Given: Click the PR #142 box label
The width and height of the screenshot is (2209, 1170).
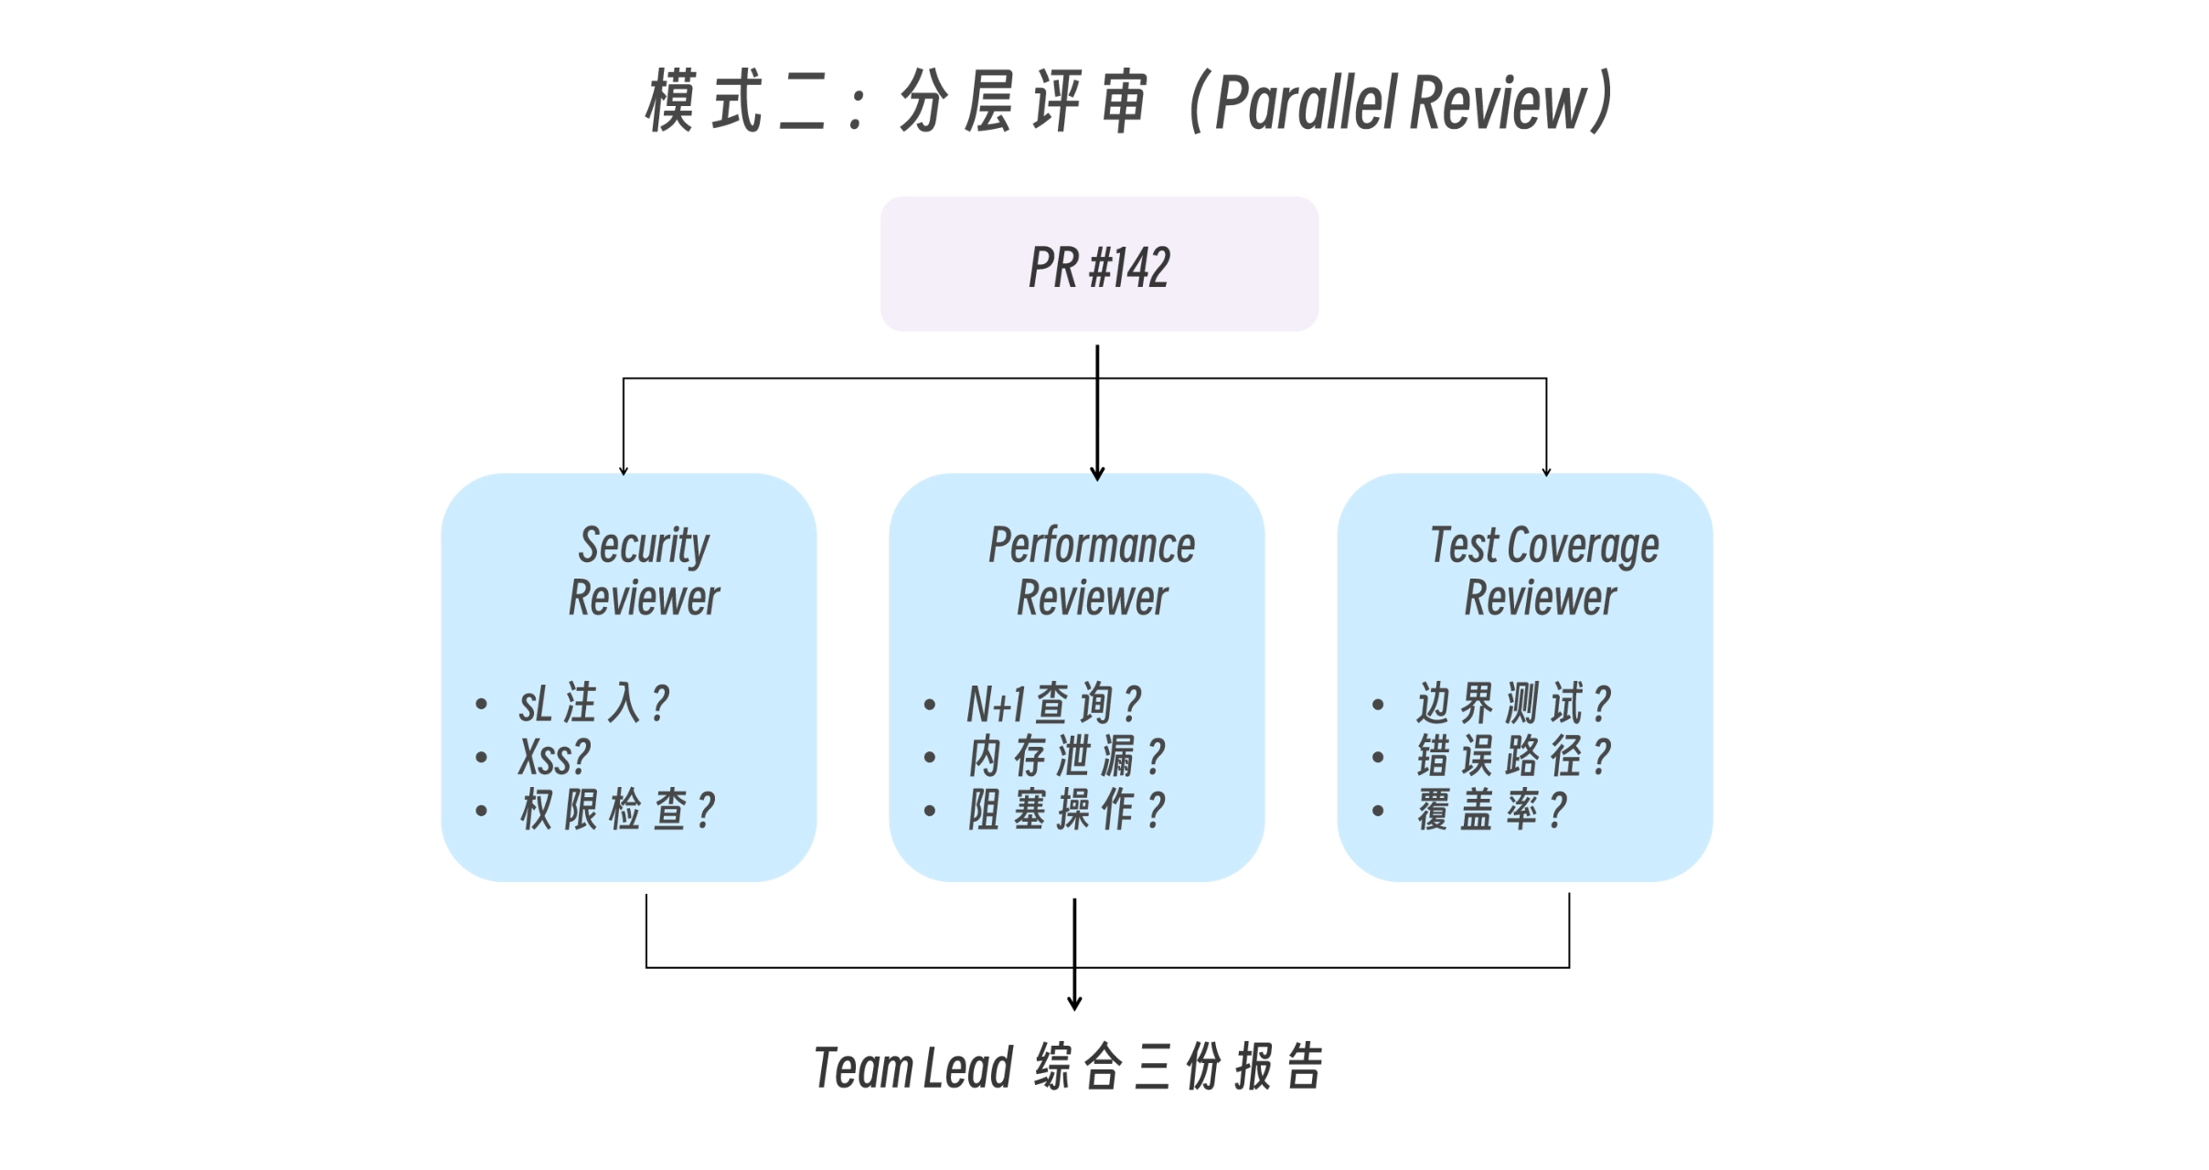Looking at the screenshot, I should pos(1098,267).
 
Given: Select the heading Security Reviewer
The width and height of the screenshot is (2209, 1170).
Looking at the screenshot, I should pos(644,571).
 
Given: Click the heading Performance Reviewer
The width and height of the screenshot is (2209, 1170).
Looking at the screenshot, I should pos(1092,571).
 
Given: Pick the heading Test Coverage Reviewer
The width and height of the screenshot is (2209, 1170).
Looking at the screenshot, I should pos(1543,571).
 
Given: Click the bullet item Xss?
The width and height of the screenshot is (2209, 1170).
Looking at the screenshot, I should pos(554,757).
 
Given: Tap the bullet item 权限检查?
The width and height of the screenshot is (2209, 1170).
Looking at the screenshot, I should pos(617,810).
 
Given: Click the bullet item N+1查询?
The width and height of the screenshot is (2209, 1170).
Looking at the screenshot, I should pos(1054,704).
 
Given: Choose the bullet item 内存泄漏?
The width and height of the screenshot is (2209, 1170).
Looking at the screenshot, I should pos(1066,757).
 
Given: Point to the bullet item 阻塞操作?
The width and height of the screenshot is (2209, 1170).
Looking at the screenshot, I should pos(1066,810).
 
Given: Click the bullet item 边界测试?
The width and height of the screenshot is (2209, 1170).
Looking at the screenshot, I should pos(1513,704).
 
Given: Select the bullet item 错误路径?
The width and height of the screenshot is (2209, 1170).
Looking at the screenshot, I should pos(1513,757).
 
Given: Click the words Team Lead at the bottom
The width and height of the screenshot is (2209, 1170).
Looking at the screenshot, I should pos(913,1068).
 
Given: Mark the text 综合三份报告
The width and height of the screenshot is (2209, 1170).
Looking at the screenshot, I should pos(1179,1068).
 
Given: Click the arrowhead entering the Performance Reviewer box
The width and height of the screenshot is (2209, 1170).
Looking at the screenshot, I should pos(1097,473).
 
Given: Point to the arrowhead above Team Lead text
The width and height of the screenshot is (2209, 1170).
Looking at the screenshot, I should pos(1074,1004).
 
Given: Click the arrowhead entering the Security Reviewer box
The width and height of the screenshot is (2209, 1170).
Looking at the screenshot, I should pos(624,471).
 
